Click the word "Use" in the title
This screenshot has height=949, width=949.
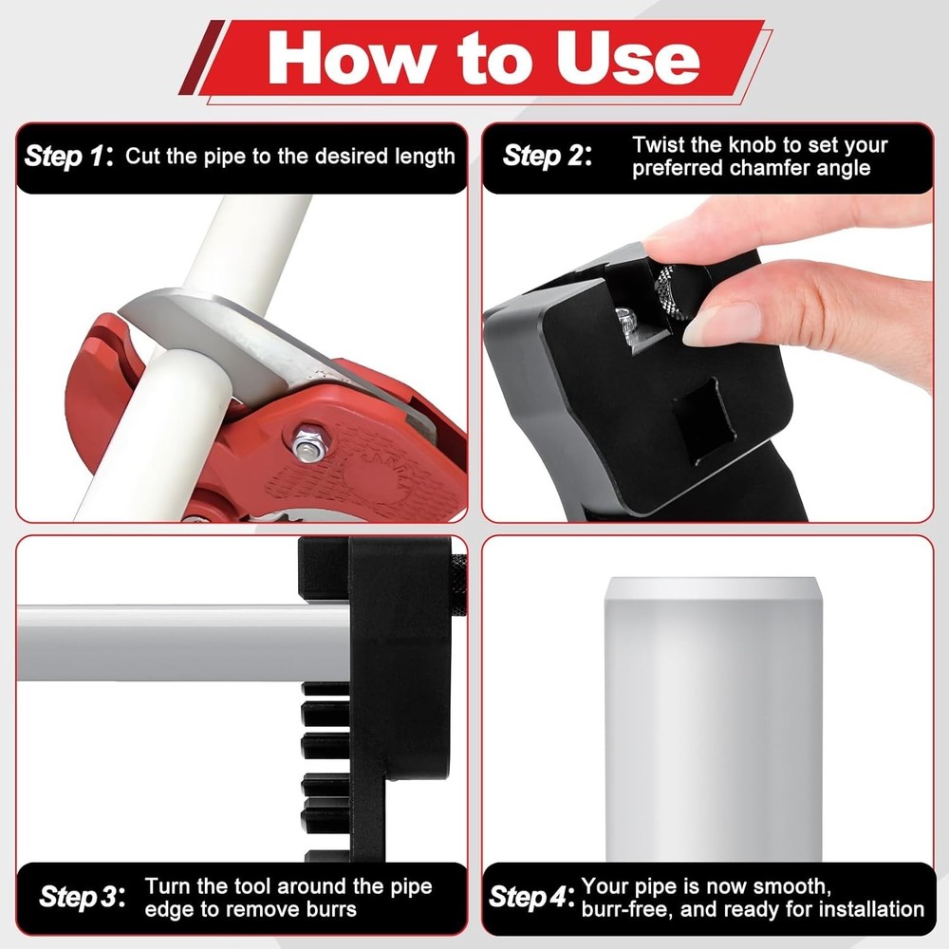(628, 59)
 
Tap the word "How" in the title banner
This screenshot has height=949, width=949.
(350, 59)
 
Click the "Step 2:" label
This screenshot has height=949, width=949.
(548, 156)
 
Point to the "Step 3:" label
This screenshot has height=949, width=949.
(83, 897)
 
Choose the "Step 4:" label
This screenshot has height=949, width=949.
(531, 897)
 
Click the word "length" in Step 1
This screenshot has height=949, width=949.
(424, 157)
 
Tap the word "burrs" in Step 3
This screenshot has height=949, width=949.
(330, 910)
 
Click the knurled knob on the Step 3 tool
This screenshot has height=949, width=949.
(458, 585)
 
